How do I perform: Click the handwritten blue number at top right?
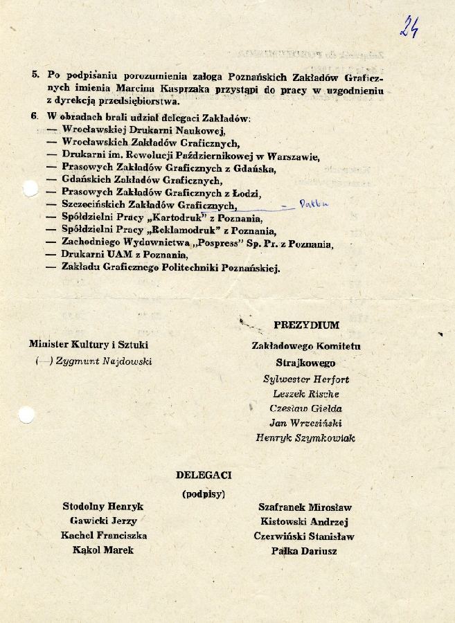(409, 26)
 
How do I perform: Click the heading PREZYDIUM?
(306, 325)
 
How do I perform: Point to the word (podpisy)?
(204, 494)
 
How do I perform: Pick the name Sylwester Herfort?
(306, 379)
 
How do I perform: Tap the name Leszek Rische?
(306, 394)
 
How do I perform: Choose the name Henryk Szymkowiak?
(305, 438)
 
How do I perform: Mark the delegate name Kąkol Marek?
(102, 550)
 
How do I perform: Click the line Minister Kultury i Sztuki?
(89, 345)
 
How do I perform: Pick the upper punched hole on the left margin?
(28, 188)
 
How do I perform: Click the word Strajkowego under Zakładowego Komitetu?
(305, 363)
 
